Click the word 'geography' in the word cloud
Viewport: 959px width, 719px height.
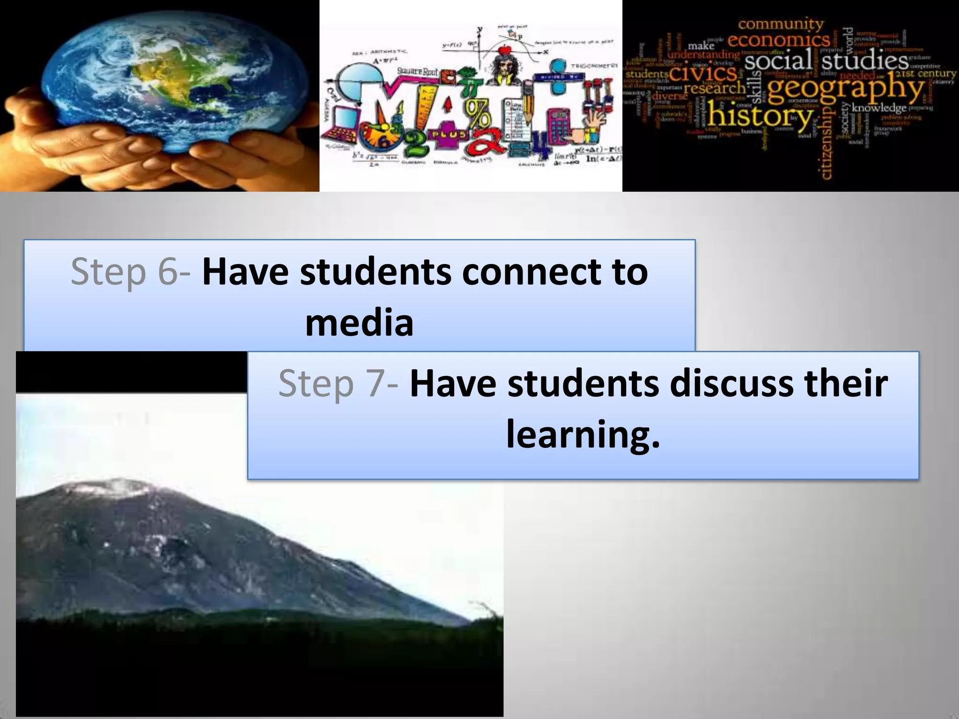point(846,89)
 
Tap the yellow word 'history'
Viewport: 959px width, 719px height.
point(760,117)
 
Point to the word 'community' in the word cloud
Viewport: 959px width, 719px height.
point(780,23)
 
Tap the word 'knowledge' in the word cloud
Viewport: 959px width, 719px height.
point(879,108)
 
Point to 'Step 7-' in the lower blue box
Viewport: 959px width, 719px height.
point(338,383)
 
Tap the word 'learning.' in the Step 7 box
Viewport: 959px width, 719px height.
point(583,434)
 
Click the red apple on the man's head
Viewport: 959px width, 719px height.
point(507,51)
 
